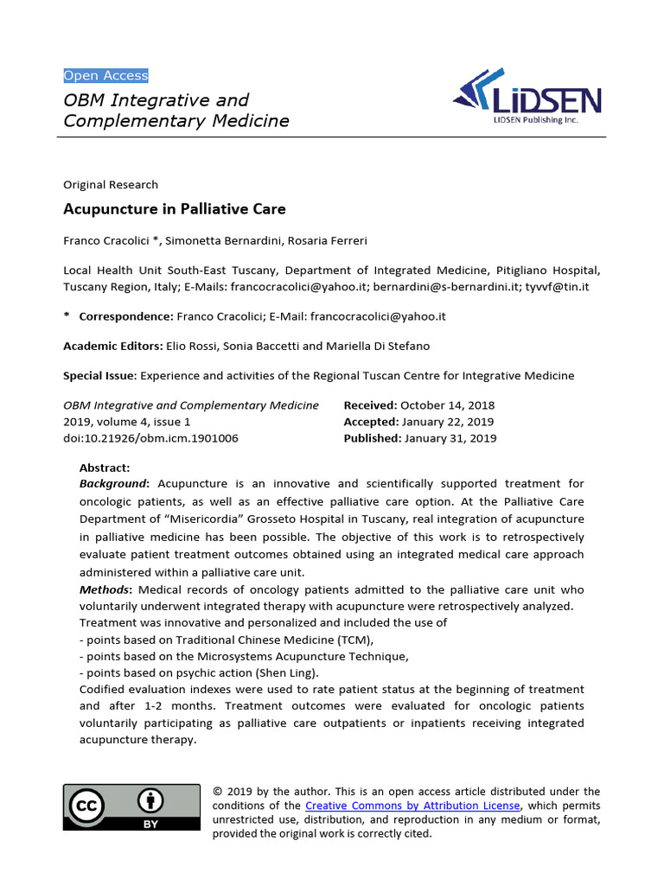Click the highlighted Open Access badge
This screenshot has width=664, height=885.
click(105, 75)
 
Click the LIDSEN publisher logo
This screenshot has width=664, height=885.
click(527, 97)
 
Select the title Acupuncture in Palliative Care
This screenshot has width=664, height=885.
click(174, 209)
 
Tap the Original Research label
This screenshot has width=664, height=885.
click(111, 184)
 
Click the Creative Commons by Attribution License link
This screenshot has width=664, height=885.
click(413, 805)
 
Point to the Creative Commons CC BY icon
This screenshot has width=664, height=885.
click(131, 807)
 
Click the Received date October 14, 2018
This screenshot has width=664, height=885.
click(446, 405)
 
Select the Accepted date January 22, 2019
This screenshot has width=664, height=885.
click(447, 422)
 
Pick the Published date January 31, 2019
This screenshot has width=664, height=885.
click(448, 438)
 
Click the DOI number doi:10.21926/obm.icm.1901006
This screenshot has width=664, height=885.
click(150, 438)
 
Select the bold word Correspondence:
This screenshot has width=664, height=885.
click(126, 316)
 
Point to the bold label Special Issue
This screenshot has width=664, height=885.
click(99, 376)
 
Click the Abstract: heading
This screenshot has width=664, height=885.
click(105, 468)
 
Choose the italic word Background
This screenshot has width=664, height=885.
click(112, 484)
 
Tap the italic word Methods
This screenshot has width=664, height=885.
click(104, 589)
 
